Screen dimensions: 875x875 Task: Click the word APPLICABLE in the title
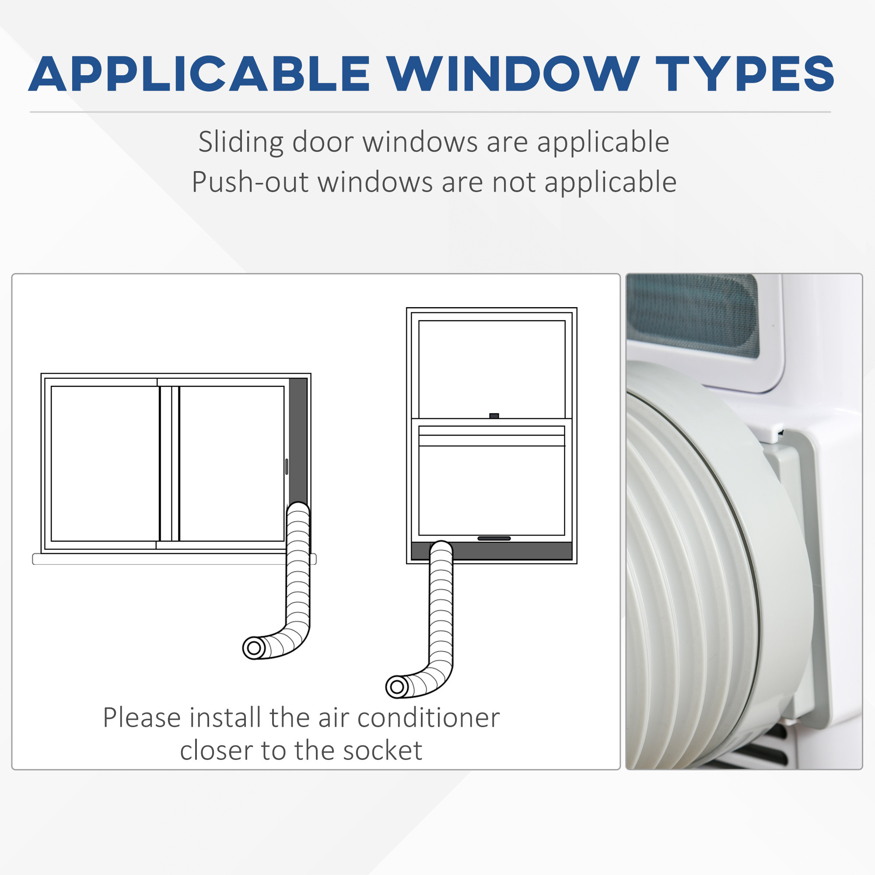click(199, 74)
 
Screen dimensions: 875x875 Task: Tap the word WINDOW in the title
click(512, 74)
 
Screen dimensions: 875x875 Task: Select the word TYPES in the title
click(745, 74)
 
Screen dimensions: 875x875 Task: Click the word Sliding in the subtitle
click(241, 143)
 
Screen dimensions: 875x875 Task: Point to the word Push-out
click(250, 182)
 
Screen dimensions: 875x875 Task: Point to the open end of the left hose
click(255, 648)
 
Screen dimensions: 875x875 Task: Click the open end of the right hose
click(397, 687)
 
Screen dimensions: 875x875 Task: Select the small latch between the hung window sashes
click(494, 416)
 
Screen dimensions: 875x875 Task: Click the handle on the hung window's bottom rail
click(494, 539)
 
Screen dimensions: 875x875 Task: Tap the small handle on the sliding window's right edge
click(287, 466)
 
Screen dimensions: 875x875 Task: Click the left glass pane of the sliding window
click(105, 463)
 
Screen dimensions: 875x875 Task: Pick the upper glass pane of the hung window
click(492, 369)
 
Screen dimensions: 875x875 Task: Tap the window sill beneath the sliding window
click(175, 559)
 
